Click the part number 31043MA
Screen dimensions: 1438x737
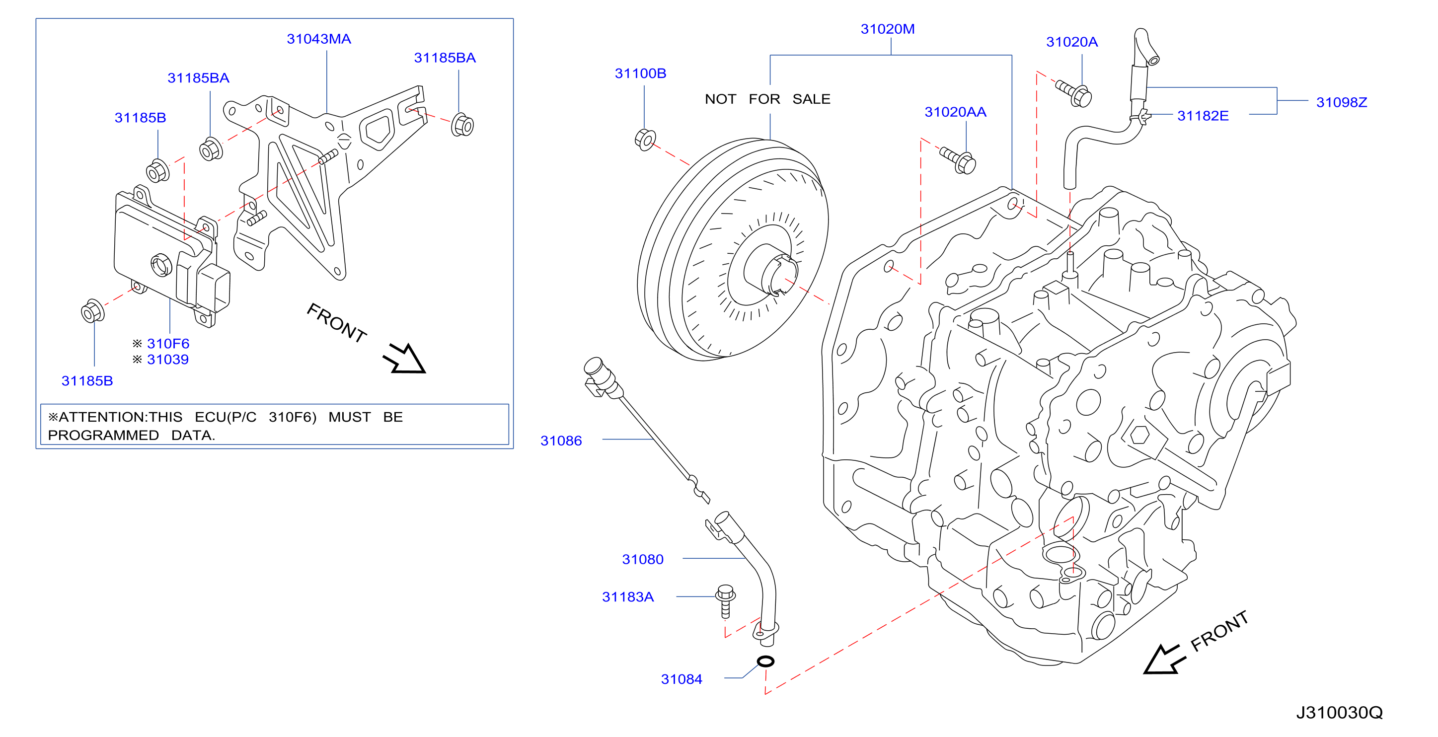click(x=319, y=39)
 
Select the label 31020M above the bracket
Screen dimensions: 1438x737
click(x=888, y=29)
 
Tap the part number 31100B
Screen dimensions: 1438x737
click(x=640, y=74)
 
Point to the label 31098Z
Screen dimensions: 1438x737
click(x=1342, y=103)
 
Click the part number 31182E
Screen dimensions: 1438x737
click(x=1203, y=116)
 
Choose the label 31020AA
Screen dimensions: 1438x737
click(x=955, y=112)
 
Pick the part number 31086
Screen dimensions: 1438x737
click(x=561, y=441)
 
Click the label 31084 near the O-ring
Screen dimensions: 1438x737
click(x=681, y=679)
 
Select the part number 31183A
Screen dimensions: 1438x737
click(x=627, y=597)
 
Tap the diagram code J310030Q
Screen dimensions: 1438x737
click(x=1339, y=713)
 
